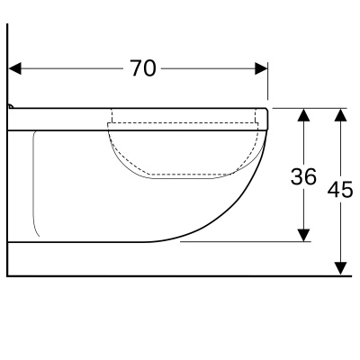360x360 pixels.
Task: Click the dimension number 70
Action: (x=143, y=68)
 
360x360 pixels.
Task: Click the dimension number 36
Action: (x=303, y=176)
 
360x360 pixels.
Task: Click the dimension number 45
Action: (x=340, y=189)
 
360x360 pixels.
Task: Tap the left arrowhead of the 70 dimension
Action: (x=15, y=68)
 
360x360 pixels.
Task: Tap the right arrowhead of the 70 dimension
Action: (x=261, y=68)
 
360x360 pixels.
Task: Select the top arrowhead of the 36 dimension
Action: (x=304, y=114)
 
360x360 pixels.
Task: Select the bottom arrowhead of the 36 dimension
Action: (x=304, y=235)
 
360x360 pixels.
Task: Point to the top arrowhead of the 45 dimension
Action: (x=340, y=114)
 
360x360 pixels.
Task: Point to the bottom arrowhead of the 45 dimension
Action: (x=340, y=268)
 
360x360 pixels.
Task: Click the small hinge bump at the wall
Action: (x=11, y=106)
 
